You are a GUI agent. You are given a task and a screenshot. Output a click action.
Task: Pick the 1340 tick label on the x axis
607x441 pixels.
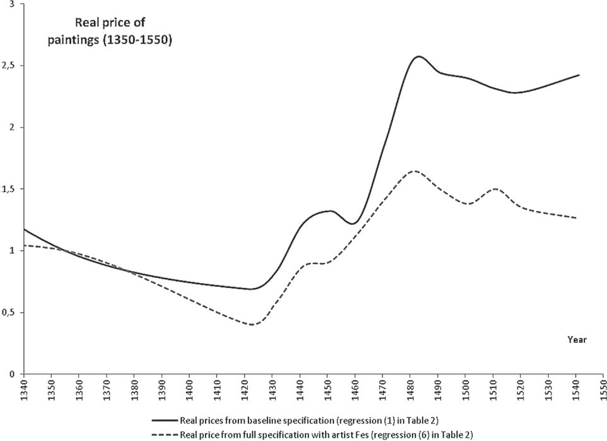(24, 389)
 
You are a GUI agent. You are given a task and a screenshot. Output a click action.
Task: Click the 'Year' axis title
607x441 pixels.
(577, 340)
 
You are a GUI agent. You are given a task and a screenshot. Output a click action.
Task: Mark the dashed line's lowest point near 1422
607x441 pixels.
(253, 325)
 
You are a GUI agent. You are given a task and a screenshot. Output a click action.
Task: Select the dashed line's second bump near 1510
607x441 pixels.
(495, 189)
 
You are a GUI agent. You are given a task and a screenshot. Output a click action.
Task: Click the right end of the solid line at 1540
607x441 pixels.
(579, 75)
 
